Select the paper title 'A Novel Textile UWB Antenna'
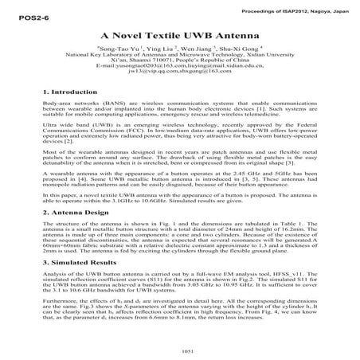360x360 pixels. pyautogui.click(x=180, y=37)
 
